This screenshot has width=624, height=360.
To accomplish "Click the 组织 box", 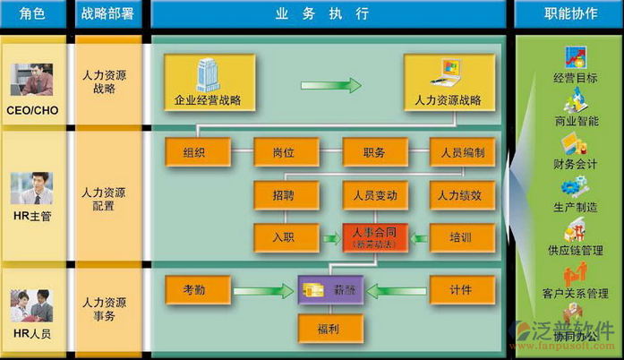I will click(x=194, y=152).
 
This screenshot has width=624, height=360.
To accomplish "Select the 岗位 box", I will click(x=285, y=152).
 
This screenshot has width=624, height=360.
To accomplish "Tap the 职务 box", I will click(x=374, y=152).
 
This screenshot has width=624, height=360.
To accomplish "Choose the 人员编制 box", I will click(x=462, y=152).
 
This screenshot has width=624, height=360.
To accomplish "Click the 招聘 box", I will click(x=285, y=194).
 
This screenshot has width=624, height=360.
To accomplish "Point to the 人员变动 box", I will click(x=374, y=194).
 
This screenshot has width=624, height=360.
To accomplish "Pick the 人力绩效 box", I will click(x=462, y=194).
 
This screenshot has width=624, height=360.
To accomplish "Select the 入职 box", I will click(x=285, y=236).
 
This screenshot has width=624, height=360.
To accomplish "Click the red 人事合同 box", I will click(x=374, y=236).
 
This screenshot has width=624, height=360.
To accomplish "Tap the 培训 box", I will click(x=462, y=236).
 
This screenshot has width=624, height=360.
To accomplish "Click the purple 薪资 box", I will click(x=332, y=289).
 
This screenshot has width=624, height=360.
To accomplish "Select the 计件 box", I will click(x=462, y=289).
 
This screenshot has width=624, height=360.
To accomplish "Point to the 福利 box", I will click(x=330, y=328).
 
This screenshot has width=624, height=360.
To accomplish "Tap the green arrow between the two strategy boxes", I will click(x=330, y=86).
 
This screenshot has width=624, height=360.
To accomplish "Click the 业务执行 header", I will click(x=329, y=14).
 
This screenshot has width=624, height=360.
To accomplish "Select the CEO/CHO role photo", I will click(x=31, y=80).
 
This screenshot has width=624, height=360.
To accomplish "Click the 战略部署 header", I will click(x=108, y=14).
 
